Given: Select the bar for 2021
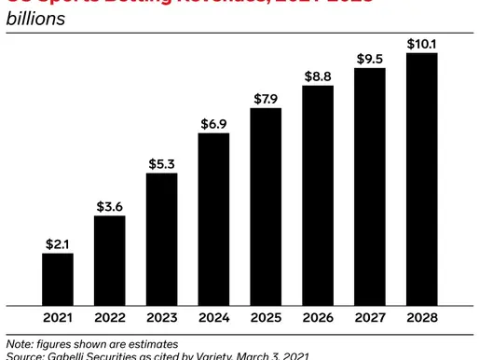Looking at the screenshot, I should [x=58, y=279].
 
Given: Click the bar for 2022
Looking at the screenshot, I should [x=110, y=260].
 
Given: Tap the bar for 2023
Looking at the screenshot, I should [x=162, y=239].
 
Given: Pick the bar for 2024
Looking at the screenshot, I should [x=214, y=219].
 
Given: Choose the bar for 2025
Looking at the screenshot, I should [x=267, y=206].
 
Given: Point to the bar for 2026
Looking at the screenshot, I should [x=319, y=195].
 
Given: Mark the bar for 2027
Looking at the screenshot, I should [x=371, y=187].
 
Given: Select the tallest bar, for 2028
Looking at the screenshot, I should [x=422, y=179].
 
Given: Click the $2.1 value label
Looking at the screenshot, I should [x=58, y=243].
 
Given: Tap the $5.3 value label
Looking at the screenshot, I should [x=162, y=164].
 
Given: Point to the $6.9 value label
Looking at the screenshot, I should [x=214, y=124].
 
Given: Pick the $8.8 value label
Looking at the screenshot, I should [x=319, y=76].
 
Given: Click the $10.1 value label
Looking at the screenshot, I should [x=422, y=43].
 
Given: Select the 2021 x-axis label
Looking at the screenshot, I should [x=58, y=317].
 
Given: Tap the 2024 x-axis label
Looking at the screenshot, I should [x=214, y=317].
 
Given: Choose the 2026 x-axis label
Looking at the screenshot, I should [x=319, y=317].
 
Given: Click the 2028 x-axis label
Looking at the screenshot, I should [x=422, y=317].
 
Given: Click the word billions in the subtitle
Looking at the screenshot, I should [x=36, y=18].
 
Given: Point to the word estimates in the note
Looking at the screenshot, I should [x=152, y=343].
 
